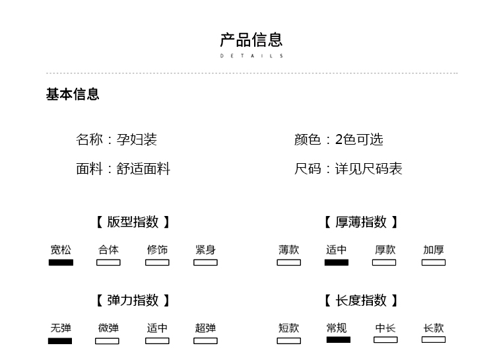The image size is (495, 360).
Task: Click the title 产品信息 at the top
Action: [251, 40]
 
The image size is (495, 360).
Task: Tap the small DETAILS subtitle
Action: [251, 56]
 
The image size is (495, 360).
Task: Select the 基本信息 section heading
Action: [73, 94]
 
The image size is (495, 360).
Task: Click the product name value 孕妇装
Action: [137, 139]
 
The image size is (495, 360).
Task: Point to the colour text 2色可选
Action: [359, 139]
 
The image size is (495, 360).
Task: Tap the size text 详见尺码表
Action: [368, 169]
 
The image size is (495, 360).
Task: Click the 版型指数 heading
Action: [133, 222]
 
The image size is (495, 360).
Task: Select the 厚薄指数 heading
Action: [361, 222]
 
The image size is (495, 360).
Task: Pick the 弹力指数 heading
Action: [133, 301]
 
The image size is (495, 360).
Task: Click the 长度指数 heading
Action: [361, 301]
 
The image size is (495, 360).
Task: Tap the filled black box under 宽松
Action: [61, 262]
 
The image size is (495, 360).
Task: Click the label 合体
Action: [108, 250]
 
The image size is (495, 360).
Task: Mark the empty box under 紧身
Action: [205, 262]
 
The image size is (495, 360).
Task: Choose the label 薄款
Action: [288, 250]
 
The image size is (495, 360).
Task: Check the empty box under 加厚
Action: [434, 262]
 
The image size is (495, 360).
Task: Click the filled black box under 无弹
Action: [60, 341]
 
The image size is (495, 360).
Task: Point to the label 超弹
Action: [205, 328]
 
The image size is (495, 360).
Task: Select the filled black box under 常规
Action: [339, 340]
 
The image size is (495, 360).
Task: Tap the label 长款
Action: [434, 328]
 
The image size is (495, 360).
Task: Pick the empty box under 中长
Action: [385, 340]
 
